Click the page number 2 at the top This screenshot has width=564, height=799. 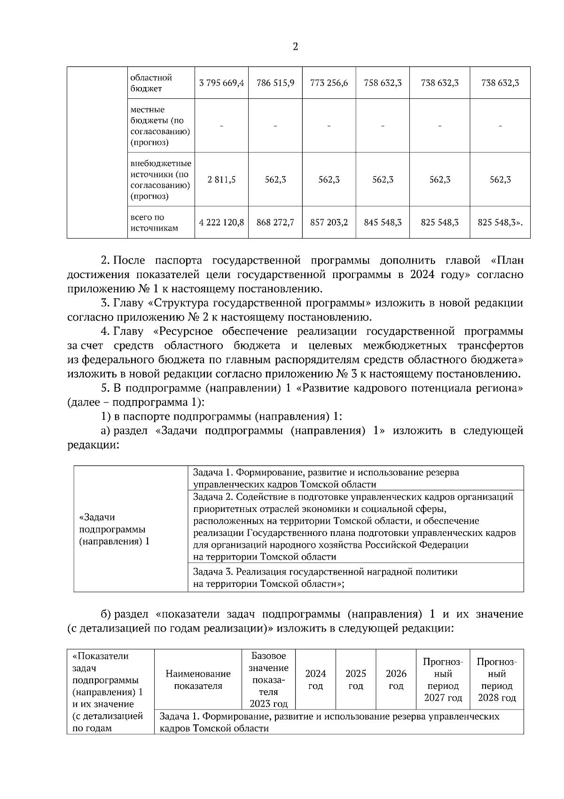coord(295,47)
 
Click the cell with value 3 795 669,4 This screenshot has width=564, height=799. coord(221,83)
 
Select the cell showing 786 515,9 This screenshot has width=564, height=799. coord(275,83)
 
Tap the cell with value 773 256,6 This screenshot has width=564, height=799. coord(329,83)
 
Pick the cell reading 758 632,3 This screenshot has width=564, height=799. coord(383,83)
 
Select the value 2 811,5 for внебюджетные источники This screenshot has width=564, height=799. coord(221,179)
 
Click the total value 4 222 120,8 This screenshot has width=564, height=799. coord(221,222)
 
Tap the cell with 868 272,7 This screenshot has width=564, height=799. coord(275,222)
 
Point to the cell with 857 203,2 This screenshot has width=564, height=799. coord(329,222)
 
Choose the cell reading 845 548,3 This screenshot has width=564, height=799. coord(383,222)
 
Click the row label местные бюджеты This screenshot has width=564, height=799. coord(160,126)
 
